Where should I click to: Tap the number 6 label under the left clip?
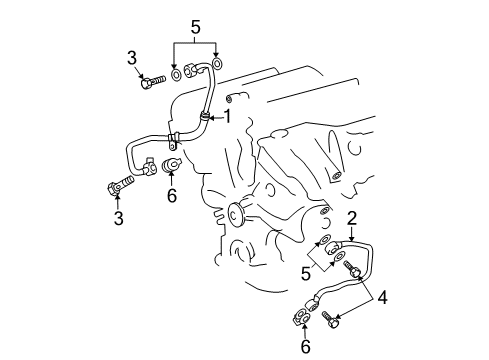(x=172, y=196)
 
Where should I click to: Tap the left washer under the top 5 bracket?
(x=177, y=73)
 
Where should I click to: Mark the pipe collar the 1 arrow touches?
(x=207, y=120)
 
